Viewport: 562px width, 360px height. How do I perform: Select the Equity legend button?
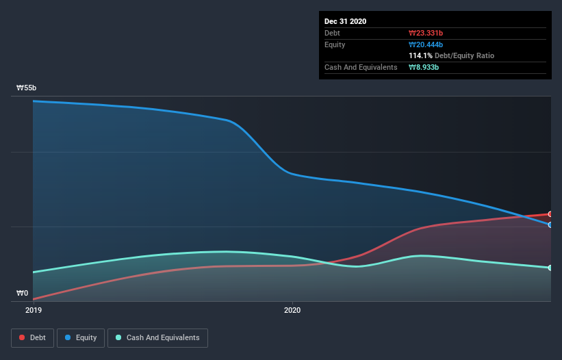tap(81, 337)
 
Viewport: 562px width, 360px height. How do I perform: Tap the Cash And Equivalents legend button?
tap(157, 337)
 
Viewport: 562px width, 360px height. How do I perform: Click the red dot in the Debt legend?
tap(23, 337)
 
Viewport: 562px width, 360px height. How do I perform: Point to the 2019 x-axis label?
tap(34, 310)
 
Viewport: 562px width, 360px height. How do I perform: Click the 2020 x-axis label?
tap(292, 310)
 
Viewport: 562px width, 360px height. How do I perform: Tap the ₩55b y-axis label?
tap(27, 88)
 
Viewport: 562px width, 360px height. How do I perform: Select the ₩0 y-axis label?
tap(23, 294)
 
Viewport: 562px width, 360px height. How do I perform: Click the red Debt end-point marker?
tap(550, 214)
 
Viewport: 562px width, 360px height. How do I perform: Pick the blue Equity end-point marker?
tap(550, 224)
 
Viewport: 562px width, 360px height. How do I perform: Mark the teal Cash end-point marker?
tap(550, 268)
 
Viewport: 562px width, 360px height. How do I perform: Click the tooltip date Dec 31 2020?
tap(345, 21)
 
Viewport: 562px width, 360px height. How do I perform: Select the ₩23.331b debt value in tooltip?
tap(426, 33)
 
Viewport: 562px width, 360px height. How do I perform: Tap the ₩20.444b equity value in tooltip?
tap(426, 44)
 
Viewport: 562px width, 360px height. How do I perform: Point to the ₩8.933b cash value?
tap(424, 67)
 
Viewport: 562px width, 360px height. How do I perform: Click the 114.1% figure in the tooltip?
tap(420, 55)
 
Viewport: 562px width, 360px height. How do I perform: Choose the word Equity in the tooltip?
tap(335, 44)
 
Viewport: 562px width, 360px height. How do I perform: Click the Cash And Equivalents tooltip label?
tap(361, 67)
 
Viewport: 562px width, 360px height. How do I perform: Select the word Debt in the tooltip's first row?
tap(332, 33)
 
